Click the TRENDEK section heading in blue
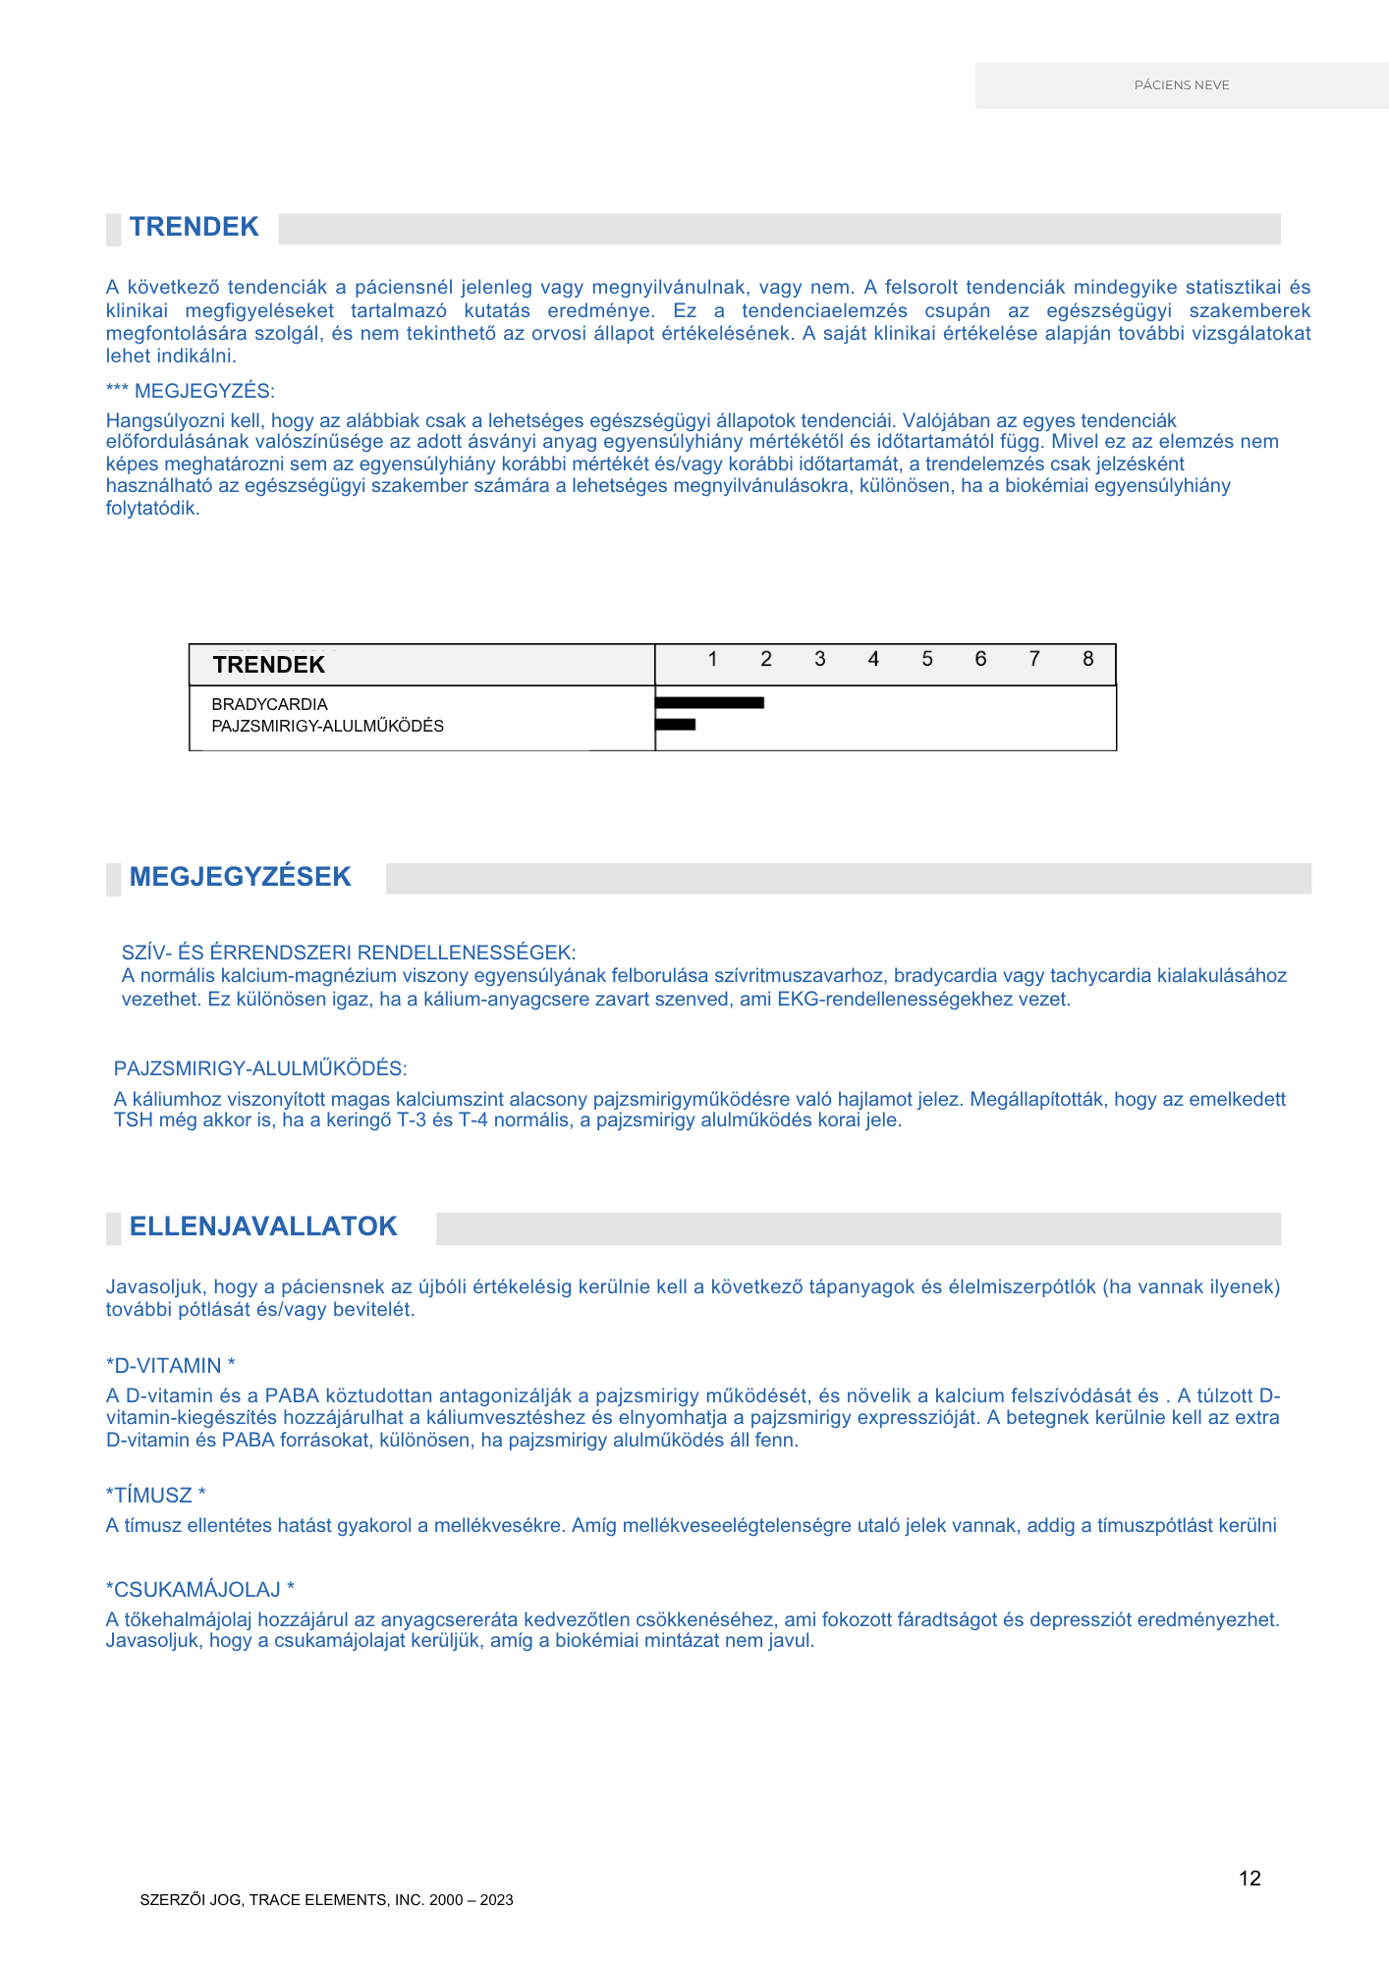[x=194, y=227]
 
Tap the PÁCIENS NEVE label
[x=1181, y=85]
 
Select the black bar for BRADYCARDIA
[x=709, y=702]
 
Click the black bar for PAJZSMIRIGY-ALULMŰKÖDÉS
[x=676, y=725]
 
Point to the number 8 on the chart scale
[x=1087, y=659]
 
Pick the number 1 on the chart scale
[x=712, y=659]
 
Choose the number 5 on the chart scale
[x=926, y=659]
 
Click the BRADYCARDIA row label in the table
[x=269, y=704]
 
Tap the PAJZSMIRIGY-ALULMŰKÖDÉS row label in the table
[x=327, y=726]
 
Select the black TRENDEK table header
[x=268, y=665]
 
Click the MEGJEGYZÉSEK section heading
[x=240, y=877]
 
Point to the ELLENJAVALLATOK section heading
[x=263, y=1227]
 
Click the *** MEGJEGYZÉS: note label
[x=190, y=391]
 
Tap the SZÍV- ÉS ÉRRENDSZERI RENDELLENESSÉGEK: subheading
[x=349, y=953]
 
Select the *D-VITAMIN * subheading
[x=171, y=1366]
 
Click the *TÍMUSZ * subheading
[x=155, y=1496]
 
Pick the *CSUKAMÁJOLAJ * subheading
[x=200, y=1590]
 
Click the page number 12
[x=1250, y=1879]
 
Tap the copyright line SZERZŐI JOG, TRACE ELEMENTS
[x=326, y=1900]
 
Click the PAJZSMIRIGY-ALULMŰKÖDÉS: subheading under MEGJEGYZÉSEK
[x=260, y=1068]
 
